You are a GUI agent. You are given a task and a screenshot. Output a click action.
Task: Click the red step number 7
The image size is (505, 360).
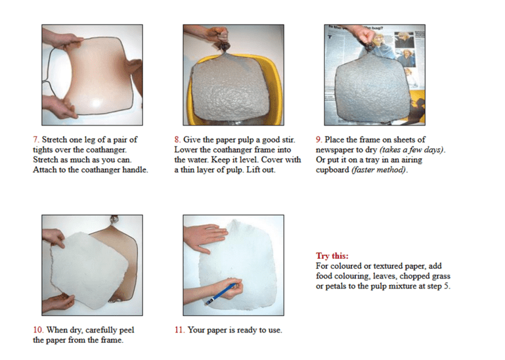point(35,140)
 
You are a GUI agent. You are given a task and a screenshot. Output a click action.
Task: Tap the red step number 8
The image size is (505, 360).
point(177,140)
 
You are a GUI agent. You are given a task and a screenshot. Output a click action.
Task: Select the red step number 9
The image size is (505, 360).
point(318,140)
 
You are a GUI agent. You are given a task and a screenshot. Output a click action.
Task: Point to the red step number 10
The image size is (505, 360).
point(38,330)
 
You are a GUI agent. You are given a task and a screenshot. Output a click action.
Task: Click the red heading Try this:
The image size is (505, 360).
point(332,256)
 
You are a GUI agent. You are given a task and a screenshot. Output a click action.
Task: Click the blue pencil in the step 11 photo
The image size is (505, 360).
point(221,294)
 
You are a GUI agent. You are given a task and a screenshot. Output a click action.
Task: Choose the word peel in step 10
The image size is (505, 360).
point(127,330)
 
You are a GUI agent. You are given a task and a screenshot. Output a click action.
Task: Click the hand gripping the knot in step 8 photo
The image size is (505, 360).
point(217,34)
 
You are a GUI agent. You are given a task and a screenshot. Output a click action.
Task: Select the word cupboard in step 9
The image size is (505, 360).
point(332,170)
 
